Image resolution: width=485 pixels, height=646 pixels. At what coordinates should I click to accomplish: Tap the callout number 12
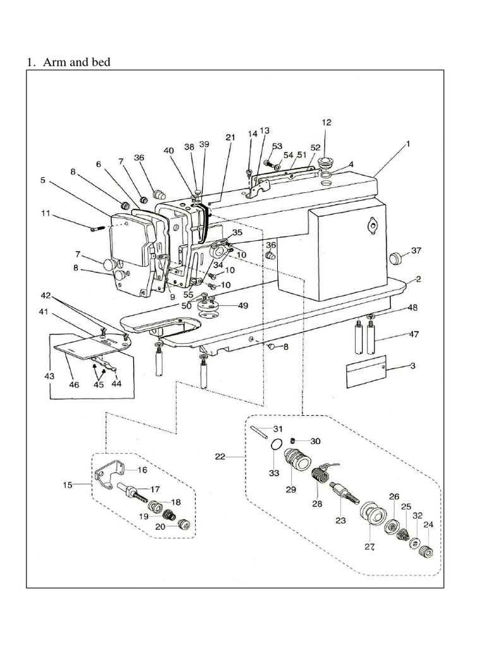tap(326, 122)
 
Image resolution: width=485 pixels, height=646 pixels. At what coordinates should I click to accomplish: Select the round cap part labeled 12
tap(327, 158)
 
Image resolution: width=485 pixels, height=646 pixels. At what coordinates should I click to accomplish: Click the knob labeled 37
tap(395, 256)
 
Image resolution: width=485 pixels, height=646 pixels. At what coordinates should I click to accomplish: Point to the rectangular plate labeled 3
tap(366, 373)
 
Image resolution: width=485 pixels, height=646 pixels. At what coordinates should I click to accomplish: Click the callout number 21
tap(230, 137)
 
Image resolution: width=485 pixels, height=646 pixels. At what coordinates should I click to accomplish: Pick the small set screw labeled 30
tap(294, 440)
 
